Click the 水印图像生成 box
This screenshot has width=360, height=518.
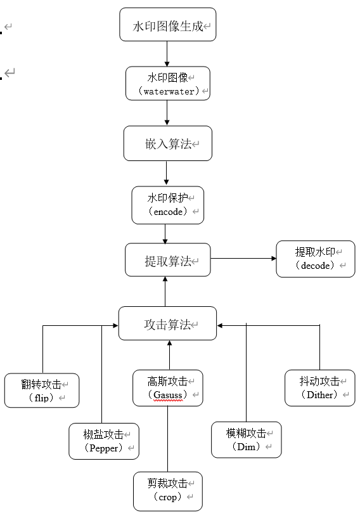[x=168, y=25]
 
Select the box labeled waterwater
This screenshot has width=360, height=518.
[x=168, y=83]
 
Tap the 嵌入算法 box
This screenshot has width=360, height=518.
[x=168, y=143]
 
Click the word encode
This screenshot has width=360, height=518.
[x=168, y=211]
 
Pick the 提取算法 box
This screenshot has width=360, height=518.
[x=168, y=260]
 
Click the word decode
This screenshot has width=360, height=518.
[x=316, y=265]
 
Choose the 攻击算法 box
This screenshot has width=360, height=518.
[x=168, y=323]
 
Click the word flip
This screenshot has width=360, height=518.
[x=41, y=398]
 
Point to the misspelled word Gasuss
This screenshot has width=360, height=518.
[x=168, y=395]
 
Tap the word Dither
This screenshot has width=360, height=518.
[x=319, y=395]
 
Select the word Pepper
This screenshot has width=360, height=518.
[x=104, y=448]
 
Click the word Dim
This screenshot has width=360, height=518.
[x=247, y=447]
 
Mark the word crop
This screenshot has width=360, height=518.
[x=167, y=497]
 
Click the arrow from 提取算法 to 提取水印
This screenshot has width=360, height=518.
[x=244, y=258]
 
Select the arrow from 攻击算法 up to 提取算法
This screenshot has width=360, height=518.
[x=165, y=292]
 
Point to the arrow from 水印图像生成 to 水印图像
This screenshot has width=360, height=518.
[x=167, y=54]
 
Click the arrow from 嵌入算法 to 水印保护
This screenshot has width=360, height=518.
[x=166, y=173]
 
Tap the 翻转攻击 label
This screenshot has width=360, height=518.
[x=41, y=384]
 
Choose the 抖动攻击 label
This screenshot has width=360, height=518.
[x=319, y=381]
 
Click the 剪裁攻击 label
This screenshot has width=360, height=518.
[x=167, y=483]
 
